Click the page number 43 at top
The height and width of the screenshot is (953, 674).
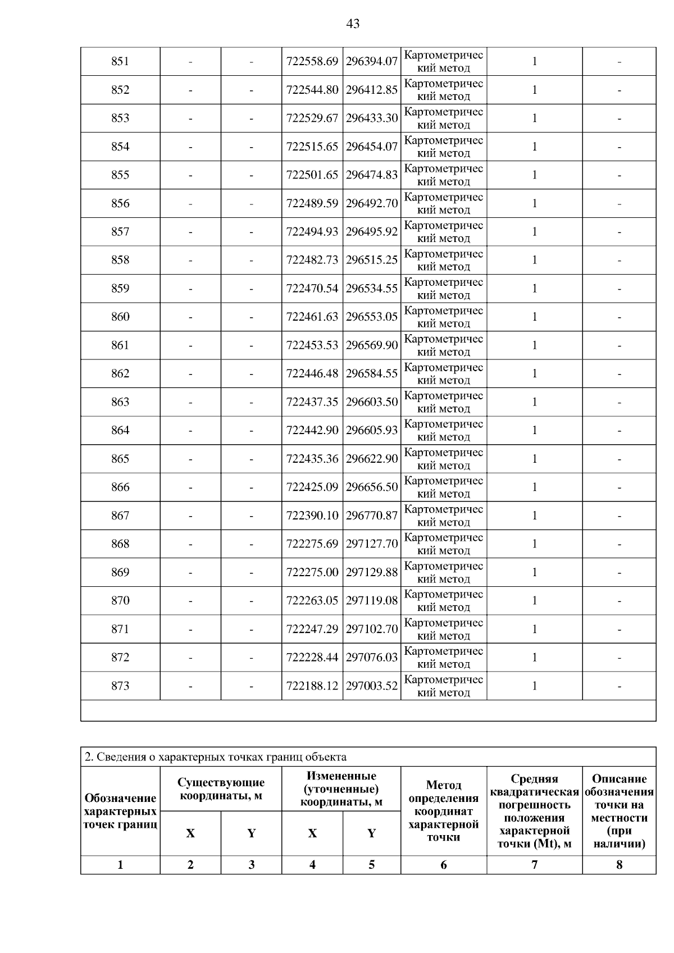click(353, 24)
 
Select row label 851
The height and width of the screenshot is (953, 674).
click(120, 61)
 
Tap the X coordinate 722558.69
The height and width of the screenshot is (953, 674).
click(312, 61)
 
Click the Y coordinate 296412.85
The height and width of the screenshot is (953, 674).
click(372, 90)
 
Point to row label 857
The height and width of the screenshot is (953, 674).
click(120, 231)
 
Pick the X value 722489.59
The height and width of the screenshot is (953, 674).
click(312, 203)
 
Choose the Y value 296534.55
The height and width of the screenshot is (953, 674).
click(372, 289)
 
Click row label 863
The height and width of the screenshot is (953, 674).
click(120, 402)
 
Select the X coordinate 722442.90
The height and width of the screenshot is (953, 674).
click(312, 430)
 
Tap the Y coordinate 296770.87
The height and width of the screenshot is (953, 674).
click(372, 516)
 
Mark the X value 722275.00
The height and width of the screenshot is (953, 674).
click(312, 572)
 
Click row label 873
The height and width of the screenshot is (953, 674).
click(120, 686)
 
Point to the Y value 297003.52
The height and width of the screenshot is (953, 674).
click(372, 686)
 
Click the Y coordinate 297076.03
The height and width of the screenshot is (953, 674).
click(372, 657)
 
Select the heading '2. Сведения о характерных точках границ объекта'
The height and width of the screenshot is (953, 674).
click(215, 757)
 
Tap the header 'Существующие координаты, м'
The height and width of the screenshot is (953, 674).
click(221, 789)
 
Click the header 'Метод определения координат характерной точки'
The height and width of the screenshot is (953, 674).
click(444, 811)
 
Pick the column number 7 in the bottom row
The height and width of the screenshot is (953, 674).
click(534, 865)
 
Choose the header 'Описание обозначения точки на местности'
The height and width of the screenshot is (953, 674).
click(619, 811)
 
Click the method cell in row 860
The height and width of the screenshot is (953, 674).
click(444, 317)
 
